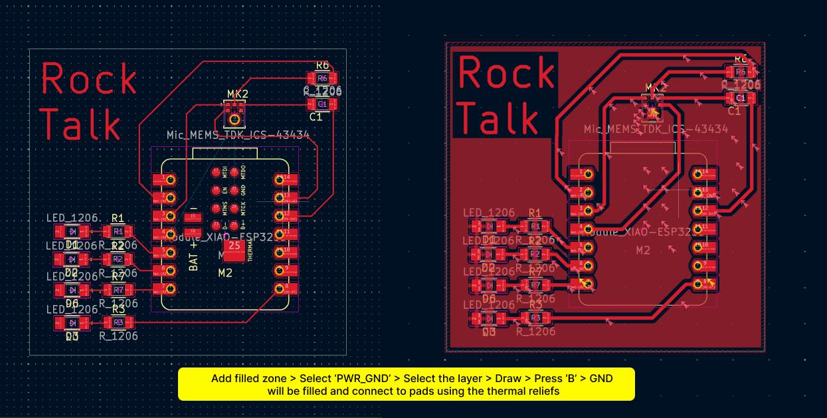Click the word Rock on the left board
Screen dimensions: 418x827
coord(89,79)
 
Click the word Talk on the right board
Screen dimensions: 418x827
coord(498,118)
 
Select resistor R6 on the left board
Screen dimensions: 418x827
coord(322,78)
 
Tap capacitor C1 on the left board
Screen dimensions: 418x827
coord(322,104)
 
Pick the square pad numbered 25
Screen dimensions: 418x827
coord(234,246)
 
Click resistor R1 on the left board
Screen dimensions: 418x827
coord(118,231)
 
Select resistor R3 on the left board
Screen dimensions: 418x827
coord(118,322)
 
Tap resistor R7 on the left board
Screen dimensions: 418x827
coord(118,290)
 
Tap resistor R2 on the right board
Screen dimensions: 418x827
coord(535,255)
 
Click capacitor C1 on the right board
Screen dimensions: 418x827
coord(741,98)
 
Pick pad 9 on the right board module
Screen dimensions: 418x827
coord(701,264)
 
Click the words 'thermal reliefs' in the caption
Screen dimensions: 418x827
coord(525,391)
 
